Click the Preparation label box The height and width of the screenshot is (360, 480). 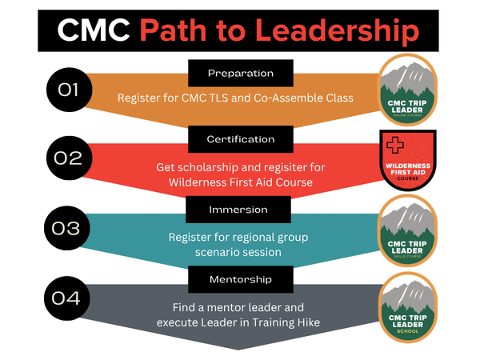pos(241,73)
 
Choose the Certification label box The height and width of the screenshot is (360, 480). pos(241,138)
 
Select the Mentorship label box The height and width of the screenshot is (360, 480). pos(241,279)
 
